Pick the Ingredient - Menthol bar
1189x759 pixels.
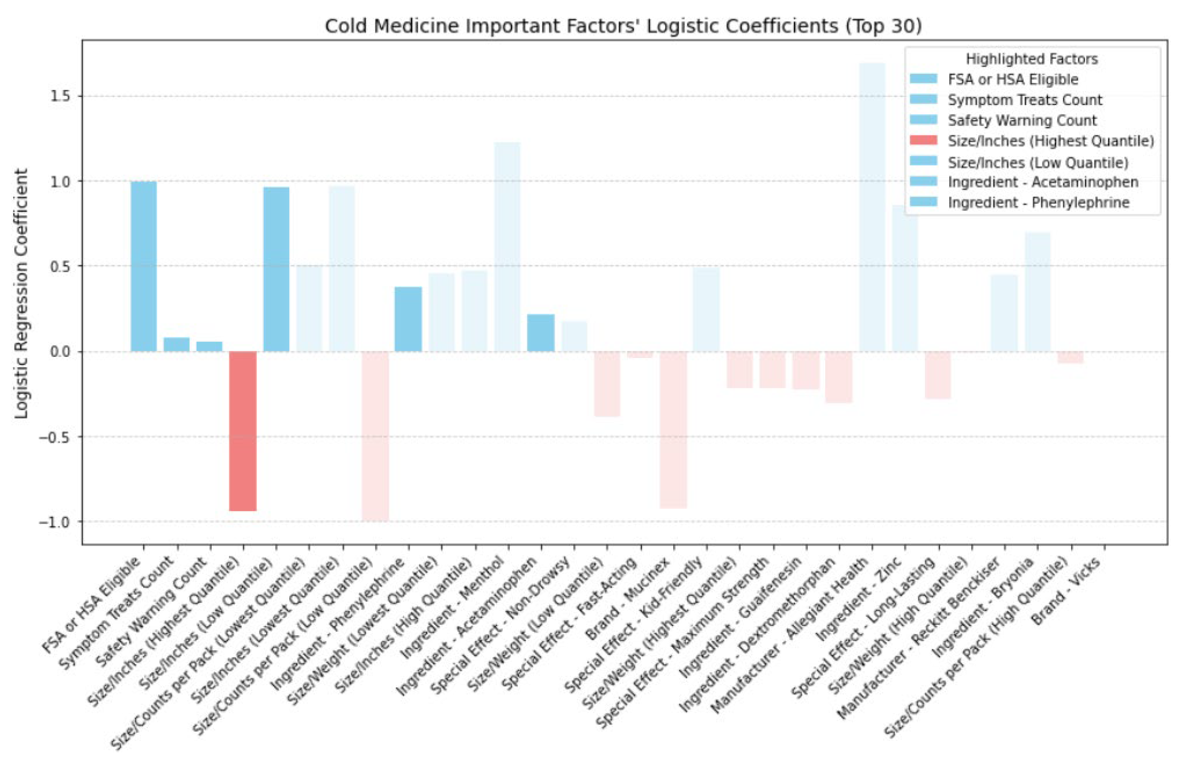pyautogui.click(x=508, y=247)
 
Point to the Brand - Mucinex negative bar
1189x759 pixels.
pyautogui.click(x=674, y=430)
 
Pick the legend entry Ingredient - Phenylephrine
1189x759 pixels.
pyautogui.click(x=1038, y=203)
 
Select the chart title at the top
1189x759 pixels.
pyautogui.click(x=623, y=26)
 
